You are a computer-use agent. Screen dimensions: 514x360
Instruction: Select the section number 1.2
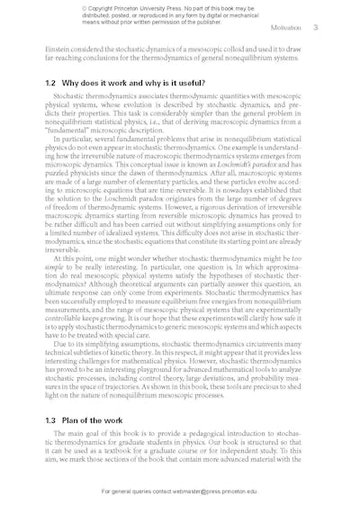pos(50,82)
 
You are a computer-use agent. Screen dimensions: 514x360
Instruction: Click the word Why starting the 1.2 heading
pos(76,82)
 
